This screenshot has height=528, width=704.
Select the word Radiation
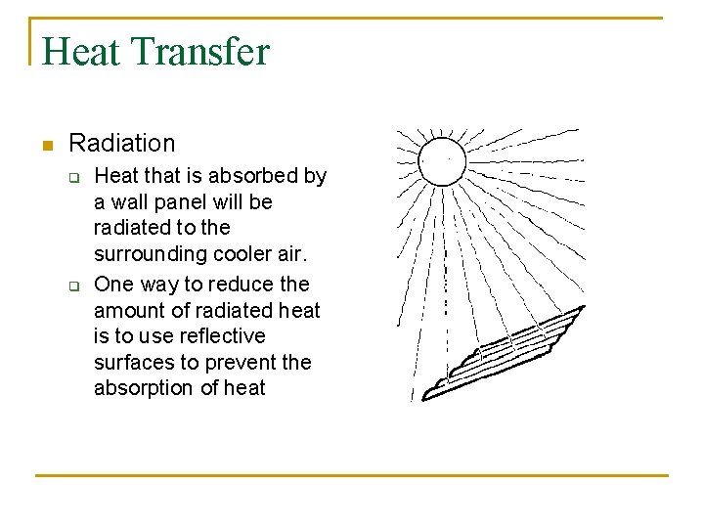tap(122, 144)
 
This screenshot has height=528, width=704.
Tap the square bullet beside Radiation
tap(45, 146)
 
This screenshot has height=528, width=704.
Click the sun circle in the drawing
tap(442, 160)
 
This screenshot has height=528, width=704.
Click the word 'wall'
tap(125, 202)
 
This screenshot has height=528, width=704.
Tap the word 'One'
tap(113, 285)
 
